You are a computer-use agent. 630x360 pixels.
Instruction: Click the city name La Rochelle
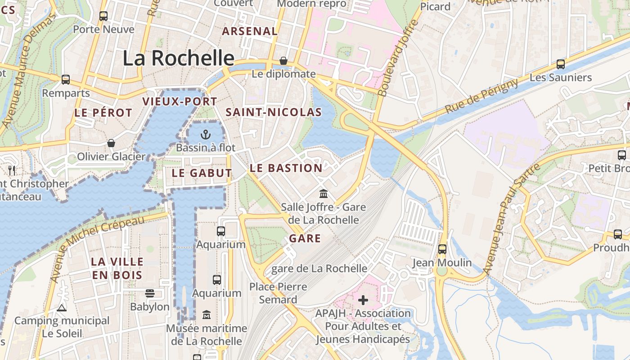click(178, 58)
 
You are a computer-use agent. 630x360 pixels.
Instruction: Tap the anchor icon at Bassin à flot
click(205, 134)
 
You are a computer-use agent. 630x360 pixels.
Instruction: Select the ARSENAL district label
click(250, 31)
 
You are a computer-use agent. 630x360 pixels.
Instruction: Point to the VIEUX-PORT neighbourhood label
click(180, 102)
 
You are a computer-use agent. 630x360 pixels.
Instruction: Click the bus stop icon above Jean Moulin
click(442, 249)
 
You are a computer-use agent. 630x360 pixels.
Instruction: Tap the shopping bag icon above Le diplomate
click(283, 60)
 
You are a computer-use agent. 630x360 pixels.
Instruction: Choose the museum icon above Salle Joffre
click(323, 193)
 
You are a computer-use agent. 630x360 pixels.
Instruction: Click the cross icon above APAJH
click(363, 300)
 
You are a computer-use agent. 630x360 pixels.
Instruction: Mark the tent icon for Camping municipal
click(62, 308)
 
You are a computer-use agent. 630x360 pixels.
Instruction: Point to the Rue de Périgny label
click(481, 96)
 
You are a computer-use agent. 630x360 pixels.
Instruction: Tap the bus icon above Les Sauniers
click(560, 64)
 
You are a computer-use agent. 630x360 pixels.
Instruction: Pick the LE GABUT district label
click(202, 173)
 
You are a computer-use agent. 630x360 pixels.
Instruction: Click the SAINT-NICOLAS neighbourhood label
click(274, 112)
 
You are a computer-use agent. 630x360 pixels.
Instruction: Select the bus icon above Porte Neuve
click(103, 16)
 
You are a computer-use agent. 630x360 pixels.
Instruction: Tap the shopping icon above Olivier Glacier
click(111, 143)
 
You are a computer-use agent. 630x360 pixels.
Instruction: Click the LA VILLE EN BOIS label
click(117, 268)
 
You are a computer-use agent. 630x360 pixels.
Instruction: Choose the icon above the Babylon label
click(150, 293)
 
